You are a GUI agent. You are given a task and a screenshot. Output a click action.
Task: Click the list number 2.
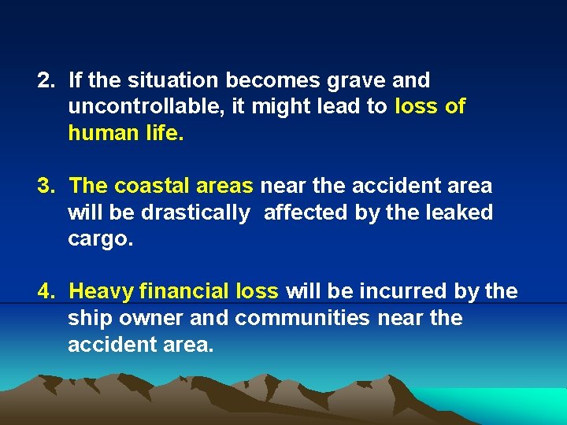[46, 80]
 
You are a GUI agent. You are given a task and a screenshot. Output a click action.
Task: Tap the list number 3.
[46, 187]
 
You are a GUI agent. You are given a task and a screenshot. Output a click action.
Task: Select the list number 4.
[46, 292]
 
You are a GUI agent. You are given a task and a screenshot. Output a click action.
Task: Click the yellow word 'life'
[163, 133]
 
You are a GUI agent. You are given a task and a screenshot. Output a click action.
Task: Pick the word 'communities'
[302, 319]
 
